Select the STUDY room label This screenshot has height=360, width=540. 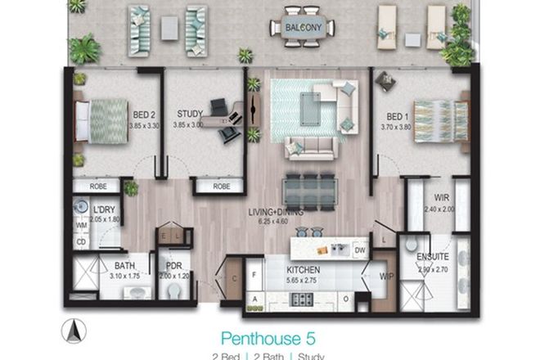(190, 115)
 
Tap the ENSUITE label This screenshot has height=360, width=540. (431, 258)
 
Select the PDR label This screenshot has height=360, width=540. (173, 266)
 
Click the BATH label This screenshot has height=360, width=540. (124, 266)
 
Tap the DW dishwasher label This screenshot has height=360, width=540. (358, 250)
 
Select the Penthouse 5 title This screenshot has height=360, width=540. (269, 337)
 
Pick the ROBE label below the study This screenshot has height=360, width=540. (221, 187)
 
